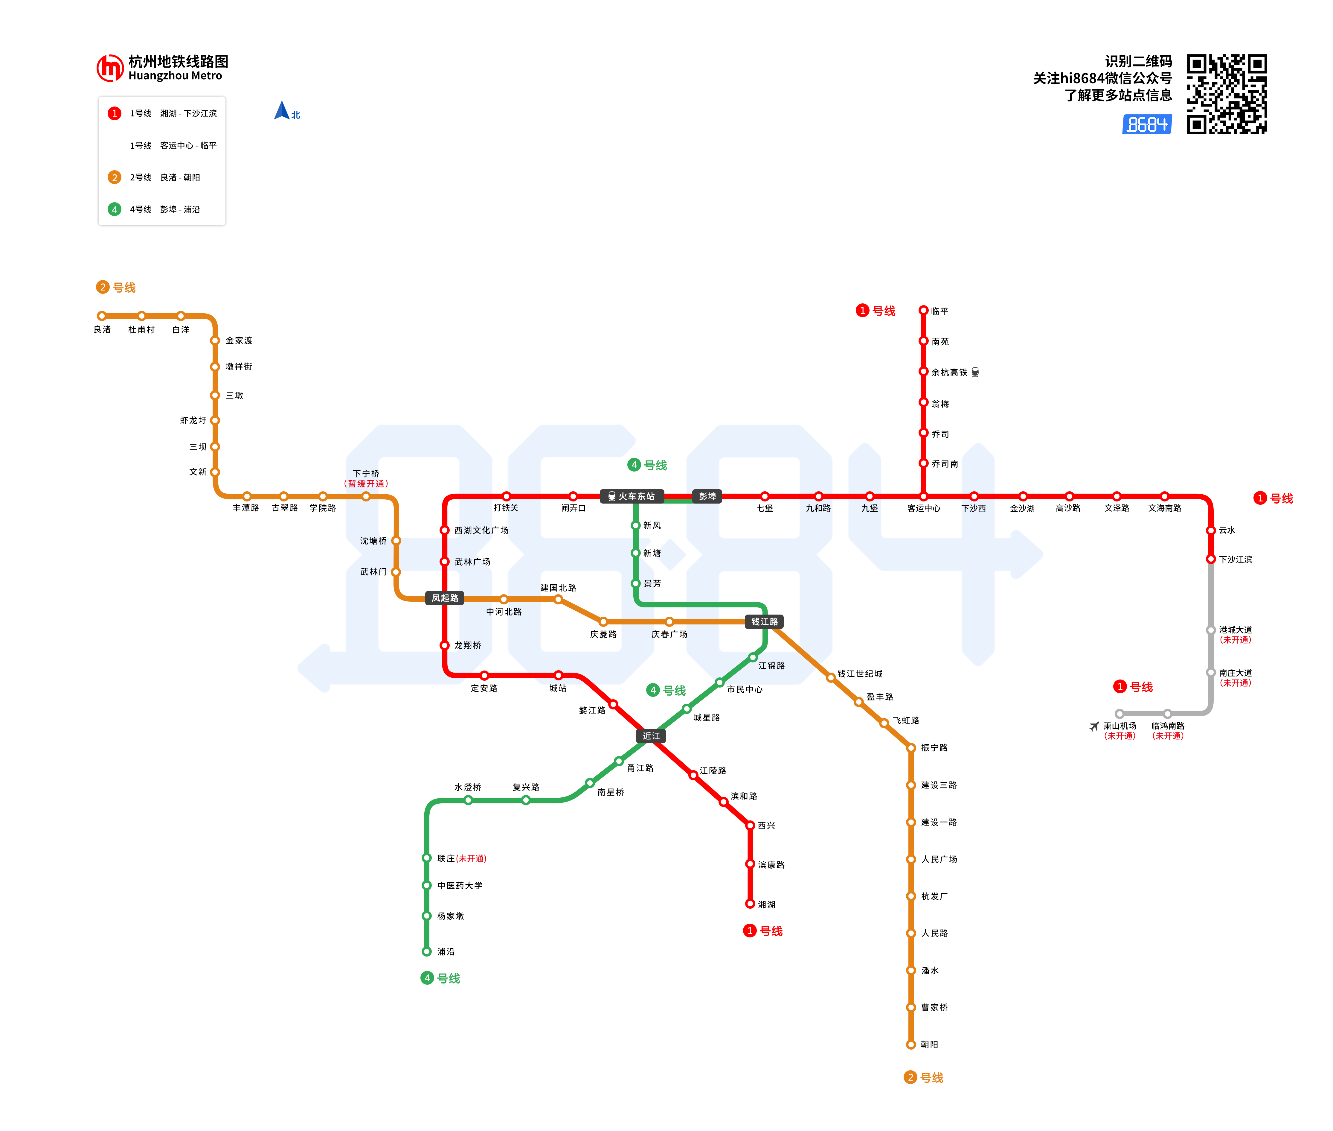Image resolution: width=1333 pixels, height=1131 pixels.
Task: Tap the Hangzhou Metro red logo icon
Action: pyautogui.click(x=109, y=68)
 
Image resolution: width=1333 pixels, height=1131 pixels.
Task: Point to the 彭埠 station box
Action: pyautogui.click(x=707, y=496)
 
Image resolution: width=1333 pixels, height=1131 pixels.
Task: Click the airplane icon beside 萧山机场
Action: pyautogui.click(x=1094, y=726)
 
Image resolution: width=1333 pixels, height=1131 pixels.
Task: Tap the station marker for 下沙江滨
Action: pyautogui.click(x=1211, y=559)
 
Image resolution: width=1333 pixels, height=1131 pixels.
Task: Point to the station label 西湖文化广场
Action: pyautogui.click(x=481, y=530)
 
